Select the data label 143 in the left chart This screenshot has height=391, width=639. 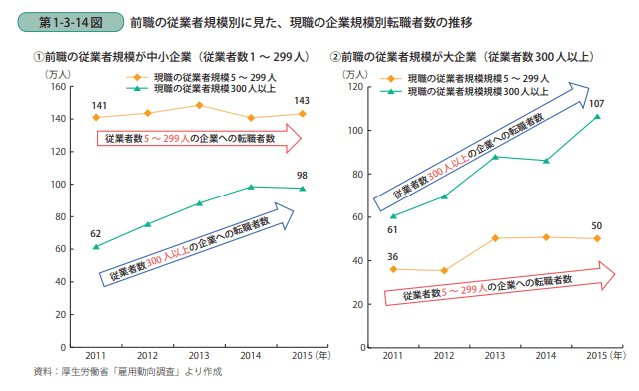tap(302, 101)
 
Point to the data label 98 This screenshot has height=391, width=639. tap(302, 177)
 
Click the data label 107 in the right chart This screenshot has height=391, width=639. tap(597, 104)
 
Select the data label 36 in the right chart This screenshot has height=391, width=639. tap(393, 257)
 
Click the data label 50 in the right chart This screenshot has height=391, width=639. tap(597, 225)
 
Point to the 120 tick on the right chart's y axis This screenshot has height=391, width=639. tap(354, 87)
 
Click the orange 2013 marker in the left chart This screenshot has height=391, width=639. tap(199, 105)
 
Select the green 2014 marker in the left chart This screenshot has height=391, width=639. tap(251, 187)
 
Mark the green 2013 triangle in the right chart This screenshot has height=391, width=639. tap(496, 157)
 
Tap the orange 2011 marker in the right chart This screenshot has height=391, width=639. tap(394, 269)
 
